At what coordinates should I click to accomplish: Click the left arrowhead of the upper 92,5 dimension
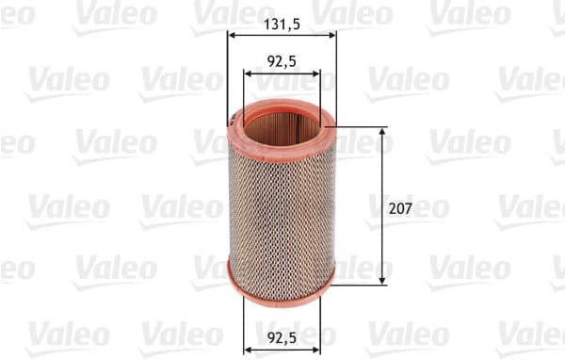(248, 73)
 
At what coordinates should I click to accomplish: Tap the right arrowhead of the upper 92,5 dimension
(315, 73)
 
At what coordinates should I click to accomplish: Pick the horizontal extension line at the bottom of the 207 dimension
(363, 282)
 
